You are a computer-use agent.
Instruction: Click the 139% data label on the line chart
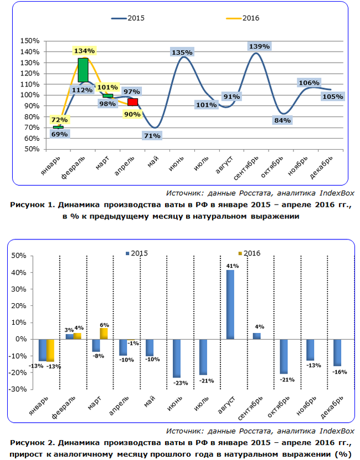pyautogui.click(x=259, y=45)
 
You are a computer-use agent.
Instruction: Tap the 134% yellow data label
pyautogui.click(x=84, y=50)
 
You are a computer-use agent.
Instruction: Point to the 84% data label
pyautogui.click(x=283, y=120)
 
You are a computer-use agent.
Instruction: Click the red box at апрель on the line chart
pyautogui.click(x=133, y=102)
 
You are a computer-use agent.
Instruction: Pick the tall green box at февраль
pyautogui.click(x=83, y=70)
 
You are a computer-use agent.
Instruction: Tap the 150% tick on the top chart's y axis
pyautogui.click(x=29, y=41)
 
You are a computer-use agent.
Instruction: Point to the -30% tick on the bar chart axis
pyautogui.click(x=20, y=390)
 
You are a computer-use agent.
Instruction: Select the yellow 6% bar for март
pyautogui.click(x=104, y=333)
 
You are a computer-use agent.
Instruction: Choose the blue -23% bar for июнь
pyautogui.click(x=177, y=358)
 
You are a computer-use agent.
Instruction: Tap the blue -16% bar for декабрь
pyautogui.click(x=337, y=352)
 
